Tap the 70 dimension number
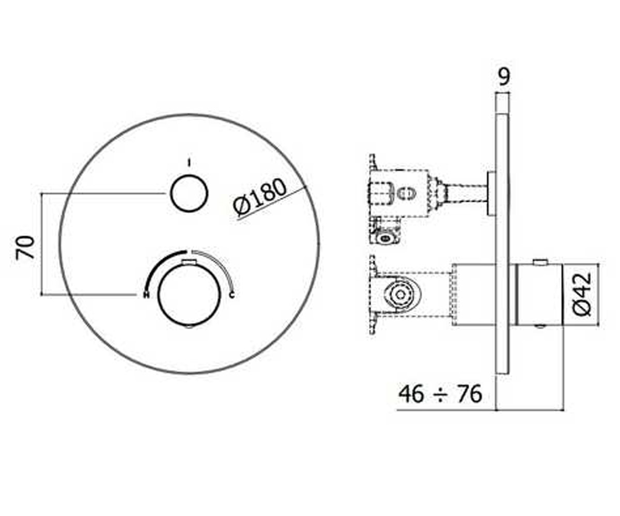click(25, 248)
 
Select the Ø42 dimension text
click(582, 294)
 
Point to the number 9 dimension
click(504, 77)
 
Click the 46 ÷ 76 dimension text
click(440, 394)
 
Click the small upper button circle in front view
click(189, 193)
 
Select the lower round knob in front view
click(189, 294)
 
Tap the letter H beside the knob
click(146, 295)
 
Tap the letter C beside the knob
click(232, 295)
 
